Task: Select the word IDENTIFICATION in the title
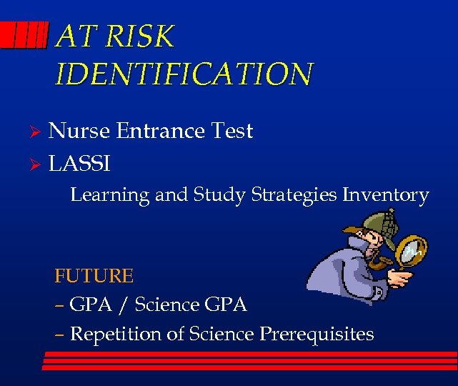coord(184,74)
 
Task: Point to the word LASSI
coord(79,164)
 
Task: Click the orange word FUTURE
coord(94,275)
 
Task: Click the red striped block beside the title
coord(24,35)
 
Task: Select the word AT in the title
coord(74,37)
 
